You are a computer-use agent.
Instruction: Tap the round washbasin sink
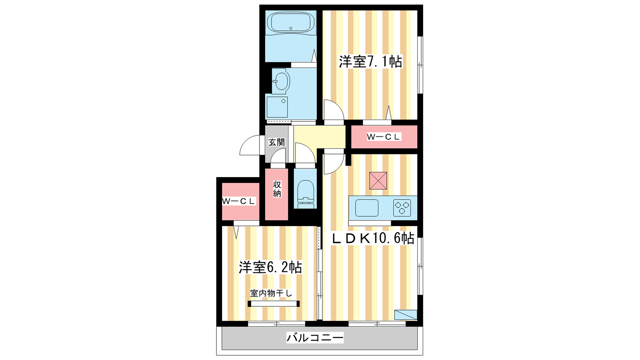281,81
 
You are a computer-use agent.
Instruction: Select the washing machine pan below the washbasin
277,107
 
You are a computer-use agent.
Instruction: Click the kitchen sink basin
367,208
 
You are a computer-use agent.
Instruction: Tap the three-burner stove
402,208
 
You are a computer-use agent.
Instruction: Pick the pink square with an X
378,180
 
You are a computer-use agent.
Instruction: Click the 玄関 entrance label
276,142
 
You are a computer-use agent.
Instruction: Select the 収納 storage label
277,189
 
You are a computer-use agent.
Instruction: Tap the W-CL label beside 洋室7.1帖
384,137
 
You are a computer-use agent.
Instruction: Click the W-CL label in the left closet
239,201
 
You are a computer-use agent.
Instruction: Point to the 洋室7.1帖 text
370,62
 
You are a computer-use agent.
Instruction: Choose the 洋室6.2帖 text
270,267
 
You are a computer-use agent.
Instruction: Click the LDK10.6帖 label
373,238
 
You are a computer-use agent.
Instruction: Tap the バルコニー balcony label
315,338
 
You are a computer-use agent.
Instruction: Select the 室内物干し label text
271,293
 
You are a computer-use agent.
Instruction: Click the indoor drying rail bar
274,304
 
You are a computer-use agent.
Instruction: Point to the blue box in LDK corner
406,315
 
